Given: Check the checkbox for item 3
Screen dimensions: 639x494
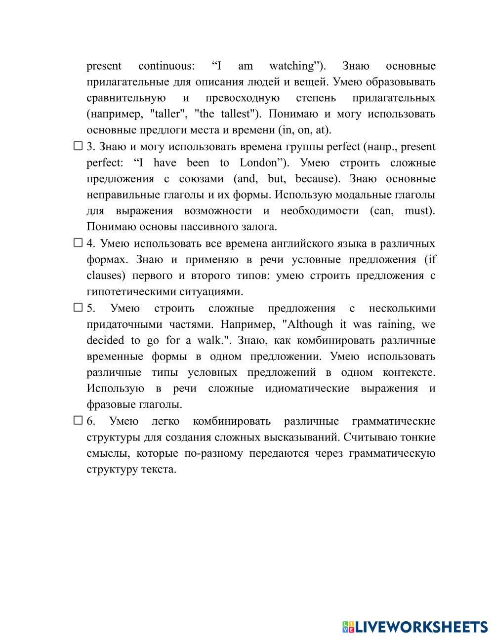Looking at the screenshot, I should pos(78,146).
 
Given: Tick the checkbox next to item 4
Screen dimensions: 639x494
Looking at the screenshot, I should pos(78,242).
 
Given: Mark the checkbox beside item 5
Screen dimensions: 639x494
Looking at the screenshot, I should pos(78,307).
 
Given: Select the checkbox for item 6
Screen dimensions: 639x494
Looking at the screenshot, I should pos(78,420).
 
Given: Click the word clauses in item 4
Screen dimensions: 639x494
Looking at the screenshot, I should pos(104,276).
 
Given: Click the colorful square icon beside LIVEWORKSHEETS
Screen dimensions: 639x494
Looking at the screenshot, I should pos(348,627).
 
